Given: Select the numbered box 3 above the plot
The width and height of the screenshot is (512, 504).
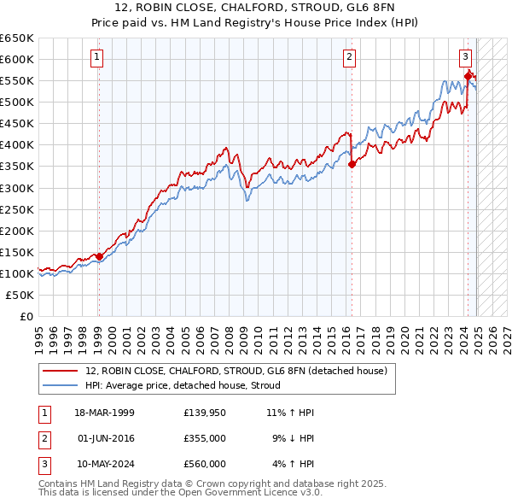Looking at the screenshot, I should (x=466, y=57).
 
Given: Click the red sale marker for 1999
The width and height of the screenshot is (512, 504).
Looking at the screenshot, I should (x=99, y=255).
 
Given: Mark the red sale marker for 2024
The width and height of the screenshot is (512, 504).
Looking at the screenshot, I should (x=468, y=76).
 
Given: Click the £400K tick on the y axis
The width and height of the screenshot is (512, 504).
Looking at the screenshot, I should (x=17, y=144).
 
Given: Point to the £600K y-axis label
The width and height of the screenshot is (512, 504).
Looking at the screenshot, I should (x=17, y=59).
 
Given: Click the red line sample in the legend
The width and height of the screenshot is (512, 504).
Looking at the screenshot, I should (x=61, y=371).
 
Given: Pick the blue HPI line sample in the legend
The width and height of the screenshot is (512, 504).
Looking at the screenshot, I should (x=61, y=385).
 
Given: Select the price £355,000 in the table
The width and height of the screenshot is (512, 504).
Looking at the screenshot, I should (x=204, y=438).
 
